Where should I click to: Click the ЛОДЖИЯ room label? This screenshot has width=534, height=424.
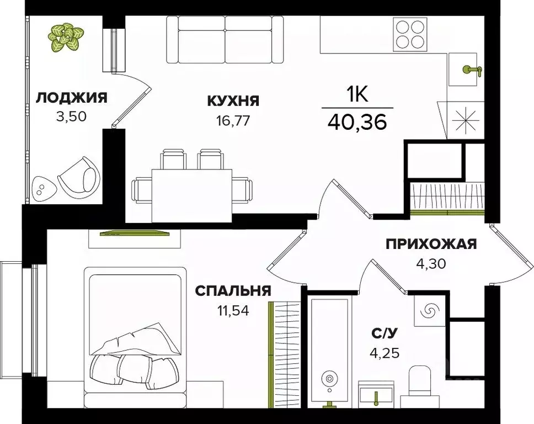tap(71, 98)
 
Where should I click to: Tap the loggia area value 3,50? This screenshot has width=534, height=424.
tap(72, 116)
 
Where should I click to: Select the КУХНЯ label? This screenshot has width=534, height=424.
tap(233, 100)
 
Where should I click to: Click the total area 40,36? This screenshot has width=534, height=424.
tap(357, 121)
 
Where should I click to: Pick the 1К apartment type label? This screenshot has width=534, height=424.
tap(357, 95)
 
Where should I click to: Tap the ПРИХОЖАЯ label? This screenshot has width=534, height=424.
tap(431, 244)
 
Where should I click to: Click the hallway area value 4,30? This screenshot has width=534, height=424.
tap(430, 263)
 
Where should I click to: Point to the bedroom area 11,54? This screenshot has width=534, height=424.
tap(232, 310)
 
